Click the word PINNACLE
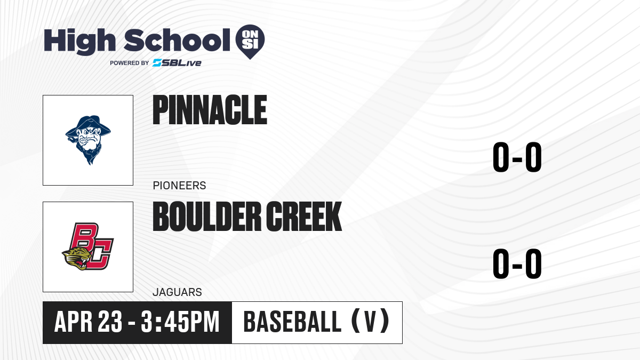(x=210, y=110)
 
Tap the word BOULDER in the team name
(x=207, y=217)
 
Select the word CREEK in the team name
(x=304, y=217)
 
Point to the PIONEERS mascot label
(x=179, y=186)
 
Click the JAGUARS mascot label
(x=178, y=292)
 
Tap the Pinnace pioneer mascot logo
(x=88, y=140)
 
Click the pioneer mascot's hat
(x=88, y=125)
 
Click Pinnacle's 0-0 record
(x=517, y=157)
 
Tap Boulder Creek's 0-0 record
(x=517, y=263)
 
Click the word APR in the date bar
(x=74, y=322)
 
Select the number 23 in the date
(x=110, y=322)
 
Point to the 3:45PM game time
(x=180, y=322)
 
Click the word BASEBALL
(x=292, y=322)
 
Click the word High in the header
(x=79, y=42)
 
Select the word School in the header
(x=177, y=40)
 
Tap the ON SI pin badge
(x=250, y=42)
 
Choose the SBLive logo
(x=177, y=63)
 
